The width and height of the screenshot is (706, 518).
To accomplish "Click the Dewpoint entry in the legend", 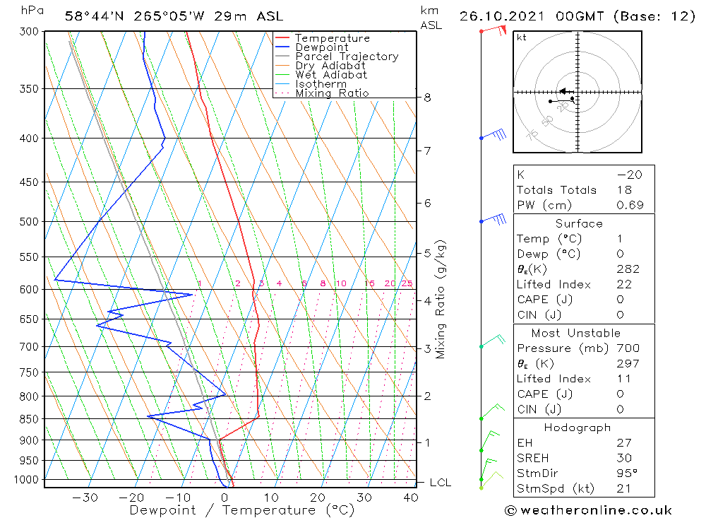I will point(321,47).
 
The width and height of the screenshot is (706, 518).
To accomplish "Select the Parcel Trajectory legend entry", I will point(346,57).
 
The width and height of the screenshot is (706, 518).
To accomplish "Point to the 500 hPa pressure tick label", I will point(30,221).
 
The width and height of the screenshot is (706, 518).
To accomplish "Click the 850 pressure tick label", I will point(30,419).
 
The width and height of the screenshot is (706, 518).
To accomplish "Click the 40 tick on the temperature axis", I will point(410,498).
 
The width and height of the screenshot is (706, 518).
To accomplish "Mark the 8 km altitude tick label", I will point(428,98).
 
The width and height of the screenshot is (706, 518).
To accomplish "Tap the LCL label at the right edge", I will point(440,483).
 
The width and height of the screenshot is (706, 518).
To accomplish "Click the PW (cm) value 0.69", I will point(628,206).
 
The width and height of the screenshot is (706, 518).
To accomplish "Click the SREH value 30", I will point(625,458).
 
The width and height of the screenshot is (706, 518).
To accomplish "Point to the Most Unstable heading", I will point(575,333).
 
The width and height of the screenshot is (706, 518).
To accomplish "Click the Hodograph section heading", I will point(578,428).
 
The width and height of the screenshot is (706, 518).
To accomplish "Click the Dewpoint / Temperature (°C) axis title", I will point(241,510).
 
